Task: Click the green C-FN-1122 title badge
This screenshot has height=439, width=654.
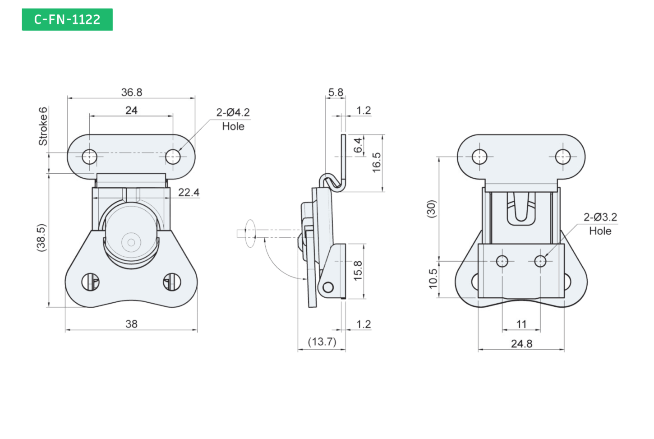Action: tap(67, 19)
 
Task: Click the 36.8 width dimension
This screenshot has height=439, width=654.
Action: tap(132, 92)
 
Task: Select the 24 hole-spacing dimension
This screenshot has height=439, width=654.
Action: tap(131, 111)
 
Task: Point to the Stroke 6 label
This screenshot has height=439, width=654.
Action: tap(43, 126)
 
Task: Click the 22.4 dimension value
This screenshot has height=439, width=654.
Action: tap(189, 192)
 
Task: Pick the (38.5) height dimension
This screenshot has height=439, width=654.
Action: tap(41, 237)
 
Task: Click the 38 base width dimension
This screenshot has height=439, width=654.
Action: tap(131, 323)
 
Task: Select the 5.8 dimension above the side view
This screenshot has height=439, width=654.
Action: tap(336, 92)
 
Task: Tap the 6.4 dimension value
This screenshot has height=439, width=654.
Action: tap(358, 145)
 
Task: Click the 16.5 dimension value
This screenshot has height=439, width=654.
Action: tap(377, 162)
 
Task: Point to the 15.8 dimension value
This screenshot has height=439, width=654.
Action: tap(358, 271)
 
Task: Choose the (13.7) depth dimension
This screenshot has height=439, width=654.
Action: tap(322, 342)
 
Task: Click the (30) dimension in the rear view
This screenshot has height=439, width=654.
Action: tap(431, 208)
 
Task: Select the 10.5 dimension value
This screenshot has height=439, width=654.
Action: tap(433, 279)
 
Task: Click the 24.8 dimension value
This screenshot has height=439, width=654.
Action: tap(521, 343)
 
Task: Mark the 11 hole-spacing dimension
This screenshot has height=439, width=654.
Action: tap(521, 324)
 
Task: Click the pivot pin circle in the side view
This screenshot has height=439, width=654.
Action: tap(328, 287)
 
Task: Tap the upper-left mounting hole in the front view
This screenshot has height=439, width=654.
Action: tap(89, 157)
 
